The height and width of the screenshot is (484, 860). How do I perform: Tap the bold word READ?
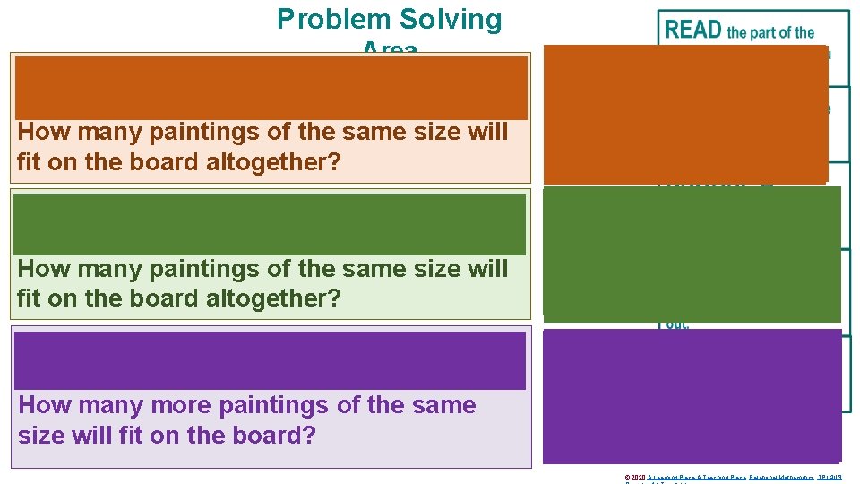coord(693,30)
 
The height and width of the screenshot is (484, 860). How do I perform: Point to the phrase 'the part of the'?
coord(770,32)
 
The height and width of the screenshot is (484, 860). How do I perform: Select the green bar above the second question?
coord(270,224)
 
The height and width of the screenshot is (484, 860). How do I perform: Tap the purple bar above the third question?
coord(270,360)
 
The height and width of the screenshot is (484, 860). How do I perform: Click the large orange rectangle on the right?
coord(685,114)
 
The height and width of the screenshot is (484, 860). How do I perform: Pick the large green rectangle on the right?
coord(692,254)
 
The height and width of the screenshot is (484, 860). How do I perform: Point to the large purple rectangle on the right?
coord(692,395)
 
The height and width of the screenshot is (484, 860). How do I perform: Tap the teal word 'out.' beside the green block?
coord(677,325)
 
